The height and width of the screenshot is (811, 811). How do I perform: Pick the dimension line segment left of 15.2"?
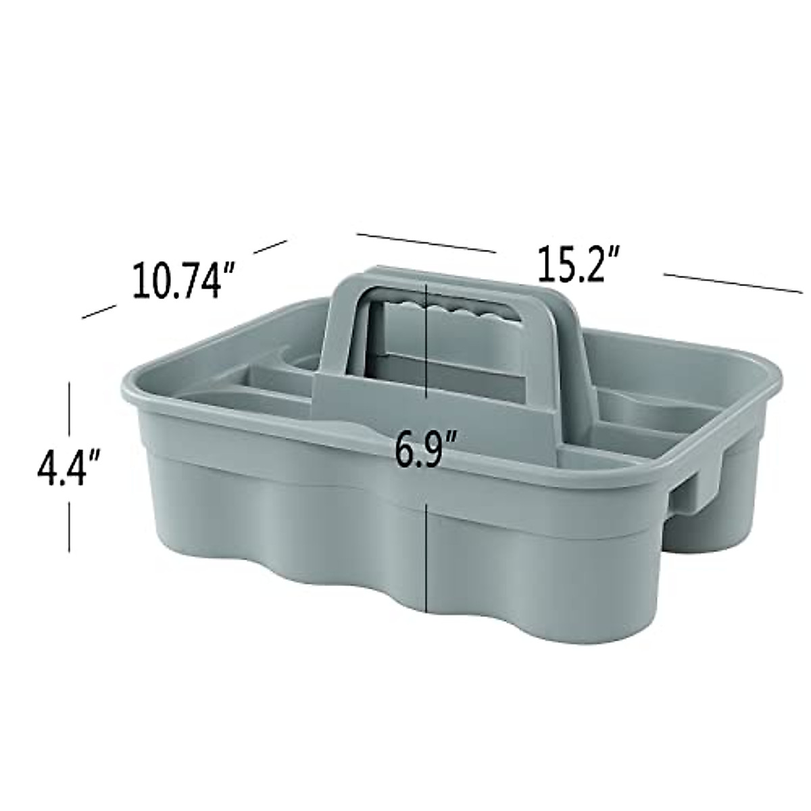426,243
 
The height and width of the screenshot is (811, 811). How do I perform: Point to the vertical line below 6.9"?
426,554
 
